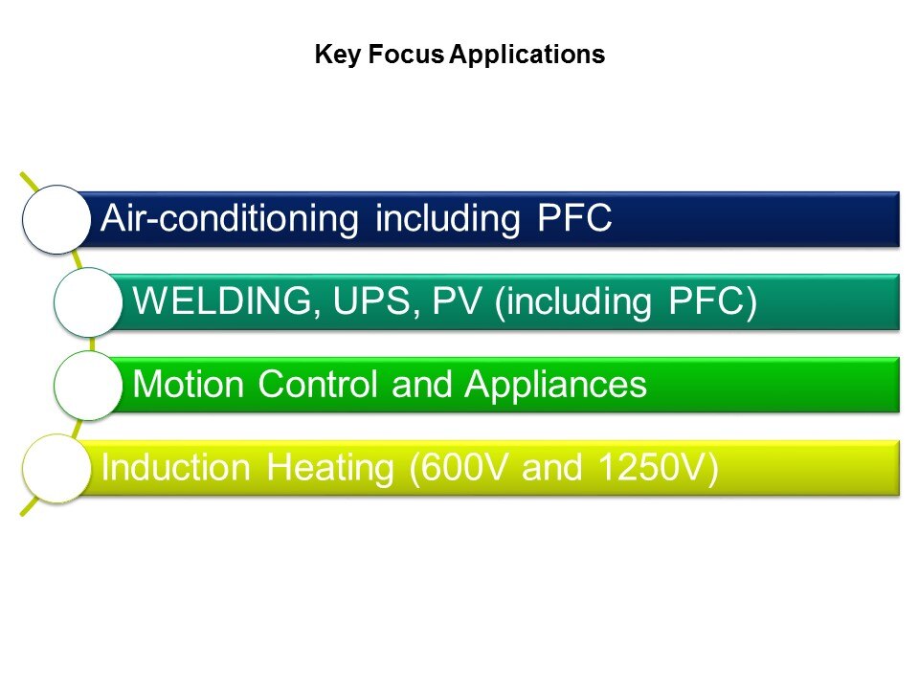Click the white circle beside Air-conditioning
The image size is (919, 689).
56,220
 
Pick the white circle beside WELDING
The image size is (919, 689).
88,302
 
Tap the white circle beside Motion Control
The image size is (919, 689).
88,386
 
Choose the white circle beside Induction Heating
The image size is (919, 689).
56,468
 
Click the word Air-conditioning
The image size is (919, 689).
229,219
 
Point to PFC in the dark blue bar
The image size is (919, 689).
574,218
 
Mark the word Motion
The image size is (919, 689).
189,385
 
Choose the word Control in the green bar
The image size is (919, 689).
318,385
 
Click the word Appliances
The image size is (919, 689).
555,386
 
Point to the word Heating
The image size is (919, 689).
330,469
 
